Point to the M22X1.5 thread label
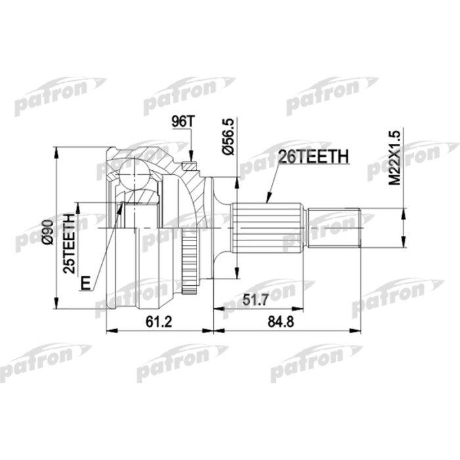(394, 158)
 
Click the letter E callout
(83, 284)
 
